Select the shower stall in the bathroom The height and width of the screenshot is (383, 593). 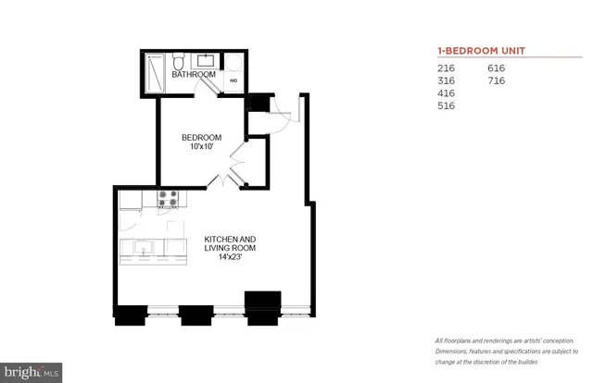pos(154,72)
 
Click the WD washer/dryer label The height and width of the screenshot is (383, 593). pos(233,80)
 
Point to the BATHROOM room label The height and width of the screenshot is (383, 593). pos(194,74)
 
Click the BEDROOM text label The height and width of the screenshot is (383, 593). pos(200,138)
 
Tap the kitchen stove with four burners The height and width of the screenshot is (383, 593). pos(168,199)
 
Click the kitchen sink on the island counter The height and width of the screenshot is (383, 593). pos(144,247)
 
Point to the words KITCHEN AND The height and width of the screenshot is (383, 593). pos(229,240)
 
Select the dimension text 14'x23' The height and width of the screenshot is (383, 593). pos(229,259)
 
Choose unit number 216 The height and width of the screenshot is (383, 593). pos(446,68)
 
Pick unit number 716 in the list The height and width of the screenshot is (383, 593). pos(496,81)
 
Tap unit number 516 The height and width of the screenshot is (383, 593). pos(446,106)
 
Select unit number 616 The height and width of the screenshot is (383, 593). pos(496,68)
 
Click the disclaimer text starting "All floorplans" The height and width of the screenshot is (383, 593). pos(504,351)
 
